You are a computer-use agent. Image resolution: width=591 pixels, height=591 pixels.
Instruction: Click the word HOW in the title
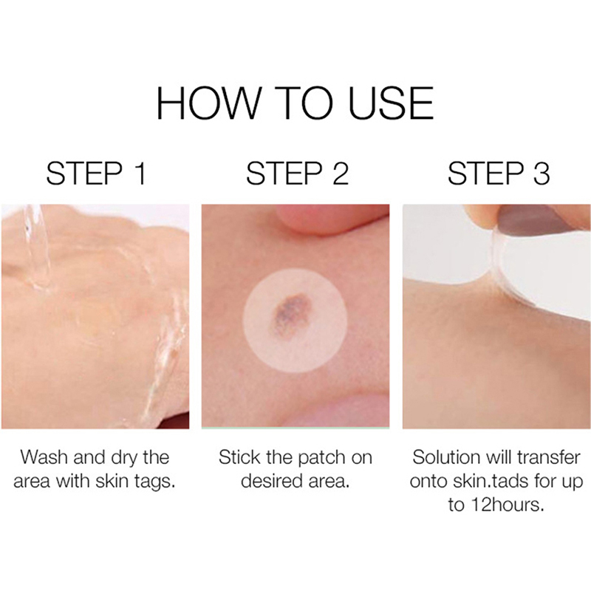208,103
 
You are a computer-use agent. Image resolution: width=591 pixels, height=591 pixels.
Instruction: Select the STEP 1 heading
96,174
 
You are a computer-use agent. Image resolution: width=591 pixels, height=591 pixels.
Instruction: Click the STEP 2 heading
298,174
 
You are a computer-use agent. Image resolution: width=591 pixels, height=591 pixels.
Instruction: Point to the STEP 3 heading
499,174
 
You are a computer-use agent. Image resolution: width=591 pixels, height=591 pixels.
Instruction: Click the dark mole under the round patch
290,310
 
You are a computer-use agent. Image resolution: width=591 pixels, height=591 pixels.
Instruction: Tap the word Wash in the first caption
44,457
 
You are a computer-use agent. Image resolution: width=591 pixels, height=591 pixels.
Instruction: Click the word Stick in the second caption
239,457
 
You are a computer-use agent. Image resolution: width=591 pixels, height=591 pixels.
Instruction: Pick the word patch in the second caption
322,459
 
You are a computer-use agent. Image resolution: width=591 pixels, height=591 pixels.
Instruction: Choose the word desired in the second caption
270,482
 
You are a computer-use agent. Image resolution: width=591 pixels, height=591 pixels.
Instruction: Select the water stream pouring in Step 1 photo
35,245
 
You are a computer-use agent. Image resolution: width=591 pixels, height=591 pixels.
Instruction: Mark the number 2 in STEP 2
341,174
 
